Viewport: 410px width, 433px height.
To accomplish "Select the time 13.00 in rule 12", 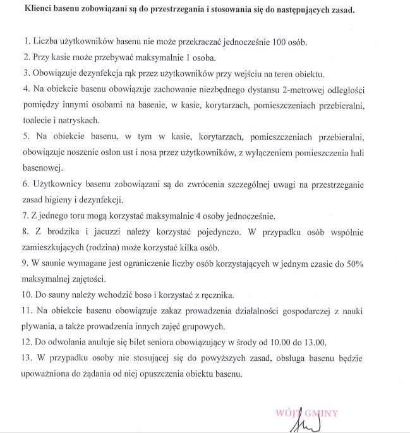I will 313,342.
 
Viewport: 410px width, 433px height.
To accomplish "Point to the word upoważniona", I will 48,375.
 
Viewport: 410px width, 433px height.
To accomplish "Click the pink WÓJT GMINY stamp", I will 306,413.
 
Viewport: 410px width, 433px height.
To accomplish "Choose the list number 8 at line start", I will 25,233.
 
